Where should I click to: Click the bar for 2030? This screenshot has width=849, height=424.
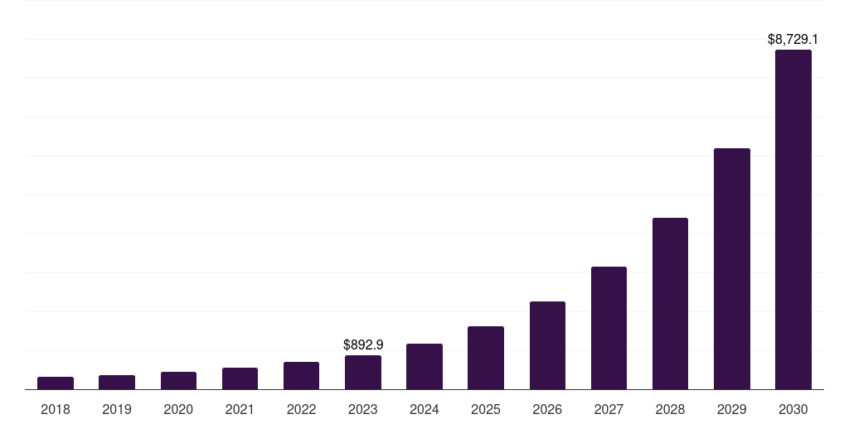point(793,219)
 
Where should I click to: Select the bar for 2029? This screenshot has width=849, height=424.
point(731,268)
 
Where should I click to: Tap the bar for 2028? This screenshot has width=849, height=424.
point(670,303)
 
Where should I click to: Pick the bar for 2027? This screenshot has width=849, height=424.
point(609,328)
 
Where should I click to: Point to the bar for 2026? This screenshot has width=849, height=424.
point(547,345)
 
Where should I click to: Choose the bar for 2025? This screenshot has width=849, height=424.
point(486,358)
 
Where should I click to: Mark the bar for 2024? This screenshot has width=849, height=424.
point(424,366)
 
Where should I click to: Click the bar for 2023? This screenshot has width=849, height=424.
point(363,372)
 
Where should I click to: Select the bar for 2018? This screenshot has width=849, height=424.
point(56,383)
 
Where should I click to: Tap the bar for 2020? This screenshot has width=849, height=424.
point(178,380)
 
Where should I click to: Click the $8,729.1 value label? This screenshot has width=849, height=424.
point(793,39)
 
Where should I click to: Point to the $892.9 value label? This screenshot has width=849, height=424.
point(363,344)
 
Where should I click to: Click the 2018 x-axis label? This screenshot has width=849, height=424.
point(56,409)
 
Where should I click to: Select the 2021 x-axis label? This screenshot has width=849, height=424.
point(240,409)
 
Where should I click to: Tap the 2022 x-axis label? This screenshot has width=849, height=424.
point(301,409)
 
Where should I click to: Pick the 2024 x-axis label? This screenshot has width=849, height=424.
point(424,409)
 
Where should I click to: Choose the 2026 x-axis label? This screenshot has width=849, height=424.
point(547,409)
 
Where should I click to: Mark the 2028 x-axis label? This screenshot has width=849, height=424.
point(670,409)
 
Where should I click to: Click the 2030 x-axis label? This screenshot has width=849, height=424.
point(793,409)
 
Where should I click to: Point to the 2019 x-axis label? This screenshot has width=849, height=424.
point(117,409)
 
